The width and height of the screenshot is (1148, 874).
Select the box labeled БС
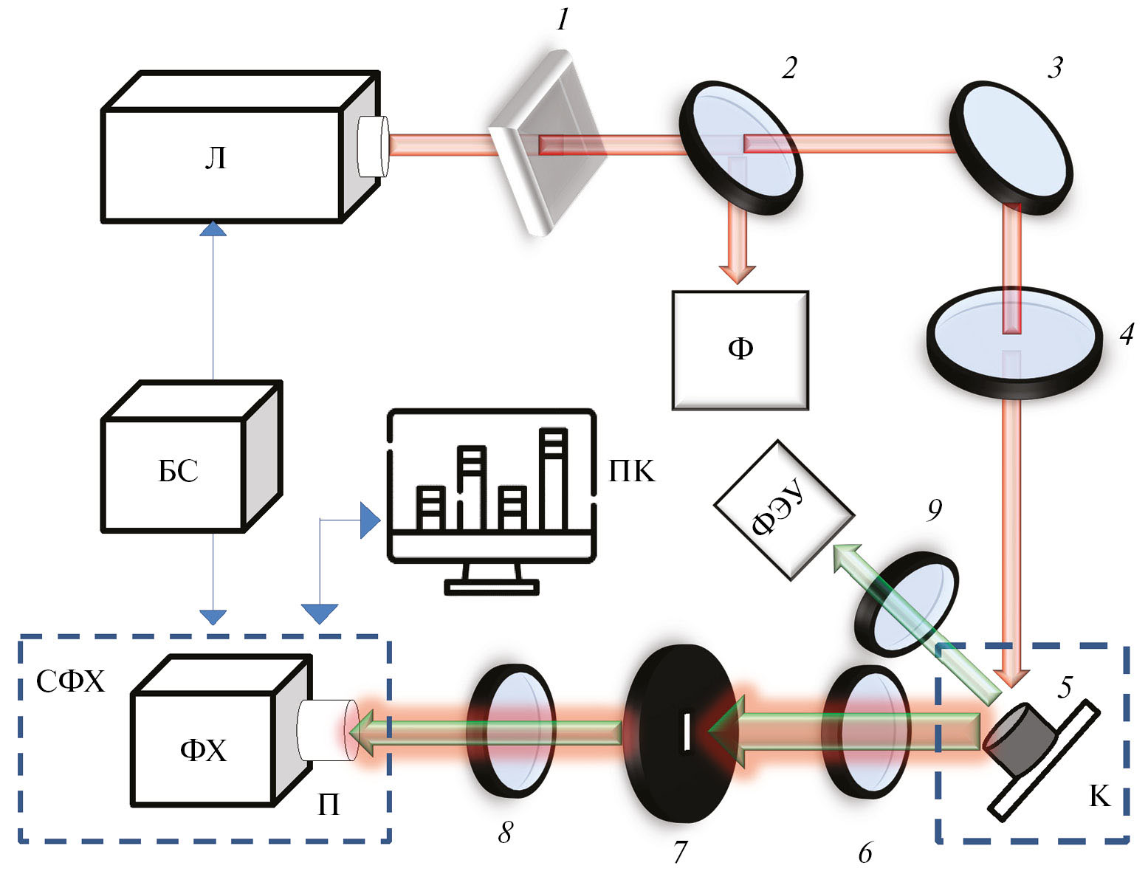(x=174, y=473)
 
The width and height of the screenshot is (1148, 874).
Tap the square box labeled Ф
(x=740, y=350)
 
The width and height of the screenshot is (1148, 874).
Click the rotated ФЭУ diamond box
(x=783, y=510)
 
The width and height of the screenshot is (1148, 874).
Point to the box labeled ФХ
(x=202, y=749)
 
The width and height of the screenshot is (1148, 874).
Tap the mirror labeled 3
(x=1009, y=148)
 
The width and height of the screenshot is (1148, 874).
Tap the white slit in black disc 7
(x=687, y=732)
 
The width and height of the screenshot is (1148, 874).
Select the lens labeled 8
(x=510, y=729)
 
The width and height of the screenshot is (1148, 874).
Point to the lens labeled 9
(x=907, y=602)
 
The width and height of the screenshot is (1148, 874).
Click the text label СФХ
(x=71, y=682)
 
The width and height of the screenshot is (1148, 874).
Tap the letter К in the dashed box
(x=1099, y=796)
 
